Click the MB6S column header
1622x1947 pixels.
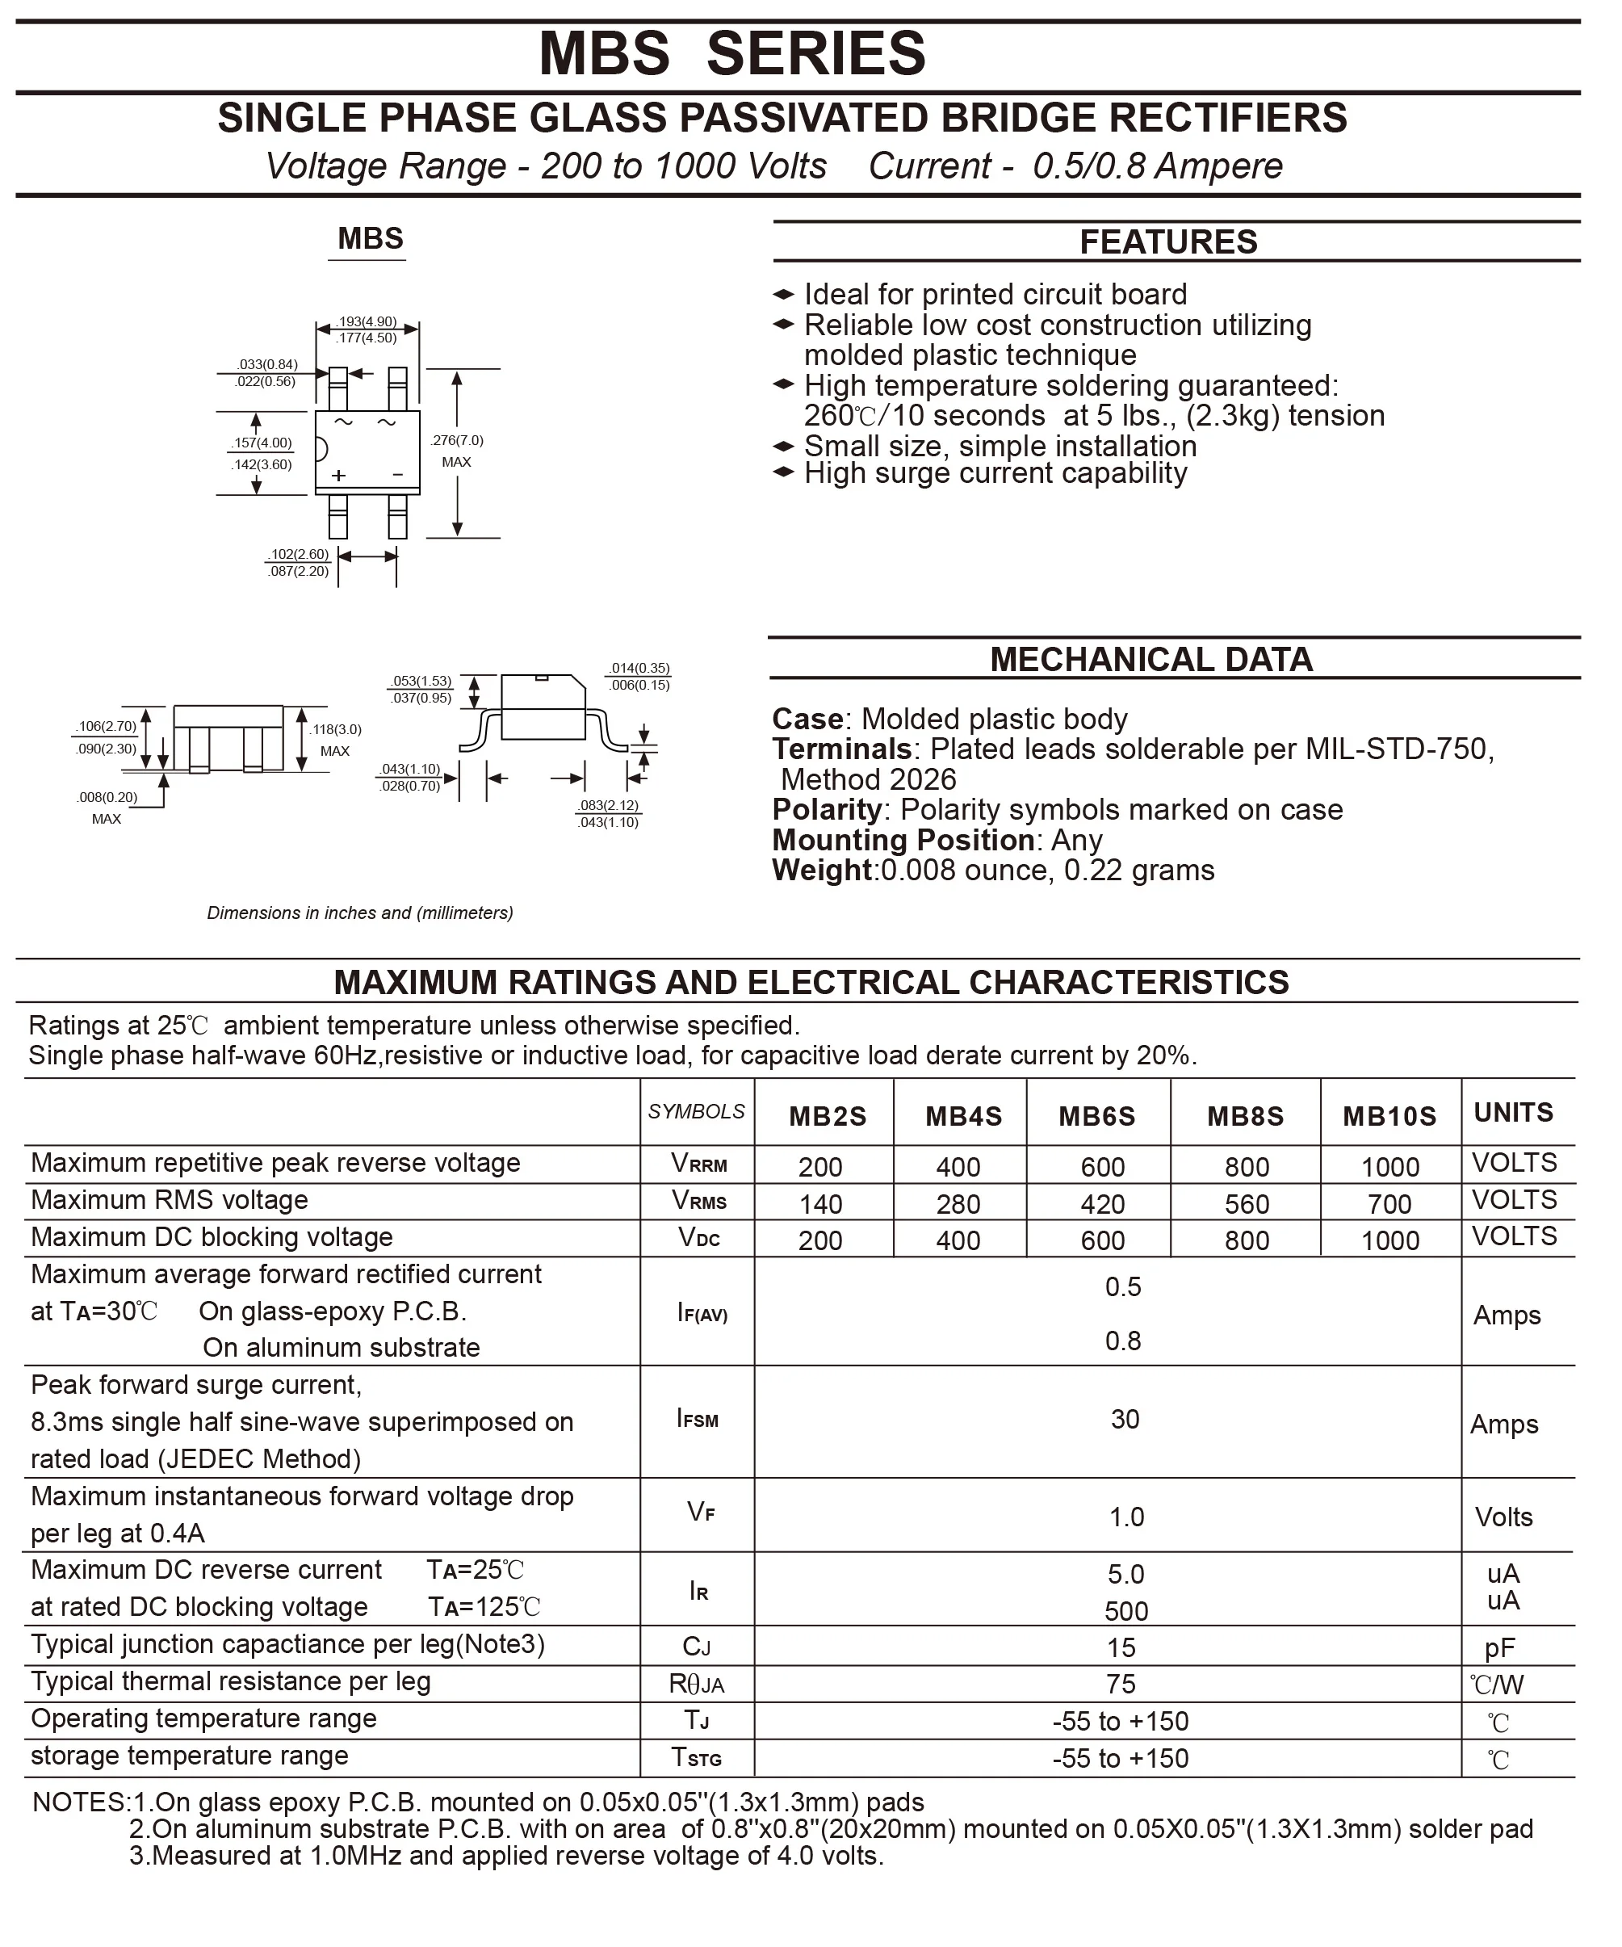[1096, 1115]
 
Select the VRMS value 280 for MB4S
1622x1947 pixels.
[958, 1203]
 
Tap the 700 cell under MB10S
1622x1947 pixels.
[1389, 1203]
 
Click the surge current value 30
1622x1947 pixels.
[1125, 1419]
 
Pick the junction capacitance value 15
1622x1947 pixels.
[1121, 1647]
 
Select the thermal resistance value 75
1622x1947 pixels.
[1121, 1684]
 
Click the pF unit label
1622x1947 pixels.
[1499, 1647]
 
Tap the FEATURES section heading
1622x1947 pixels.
[1167, 242]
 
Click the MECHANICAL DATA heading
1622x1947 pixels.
[1151, 659]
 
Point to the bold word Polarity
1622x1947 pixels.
[826, 809]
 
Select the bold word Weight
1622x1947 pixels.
[822, 870]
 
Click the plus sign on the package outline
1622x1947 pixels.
[339, 476]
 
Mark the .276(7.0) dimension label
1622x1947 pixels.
[457, 440]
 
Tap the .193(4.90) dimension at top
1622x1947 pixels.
[367, 321]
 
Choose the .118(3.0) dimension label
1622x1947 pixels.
[336, 730]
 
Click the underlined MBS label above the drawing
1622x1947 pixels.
[370, 239]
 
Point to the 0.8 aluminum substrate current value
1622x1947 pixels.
[1122, 1341]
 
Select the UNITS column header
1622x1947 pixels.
[1513, 1113]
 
